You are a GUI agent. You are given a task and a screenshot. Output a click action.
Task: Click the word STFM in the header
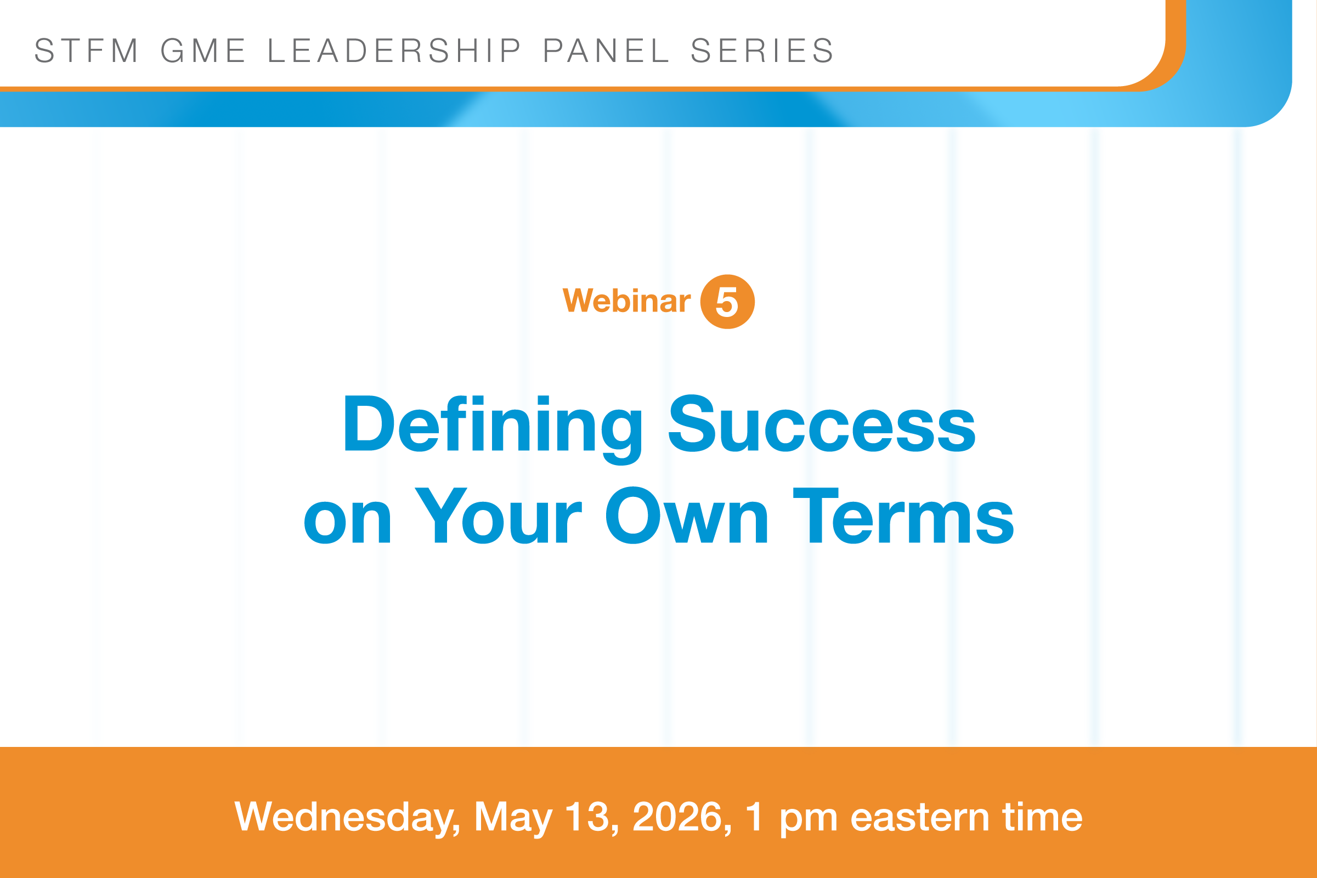[x=86, y=50]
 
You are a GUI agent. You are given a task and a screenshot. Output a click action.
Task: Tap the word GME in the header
[x=204, y=50]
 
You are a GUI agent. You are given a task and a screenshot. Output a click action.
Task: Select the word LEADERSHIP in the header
[x=394, y=50]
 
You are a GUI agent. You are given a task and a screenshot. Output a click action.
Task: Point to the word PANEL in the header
[x=606, y=50]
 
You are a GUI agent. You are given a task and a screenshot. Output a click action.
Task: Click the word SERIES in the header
[x=762, y=50]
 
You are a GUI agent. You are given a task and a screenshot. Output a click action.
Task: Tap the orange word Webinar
[x=626, y=301]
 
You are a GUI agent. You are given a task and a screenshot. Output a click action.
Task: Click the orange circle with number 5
[x=727, y=302]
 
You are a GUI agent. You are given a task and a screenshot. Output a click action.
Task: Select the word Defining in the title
[x=493, y=429]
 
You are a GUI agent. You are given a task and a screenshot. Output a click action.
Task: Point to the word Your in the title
[x=498, y=515]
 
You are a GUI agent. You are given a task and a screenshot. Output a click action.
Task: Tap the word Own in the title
[x=687, y=515]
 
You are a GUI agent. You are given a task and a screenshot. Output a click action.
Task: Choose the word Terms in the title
[x=903, y=515]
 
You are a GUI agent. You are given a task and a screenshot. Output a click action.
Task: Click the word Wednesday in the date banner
[x=347, y=818]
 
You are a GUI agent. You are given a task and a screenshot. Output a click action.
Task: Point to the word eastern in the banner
[x=920, y=818]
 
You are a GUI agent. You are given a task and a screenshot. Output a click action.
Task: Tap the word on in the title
[x=347, y=522]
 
